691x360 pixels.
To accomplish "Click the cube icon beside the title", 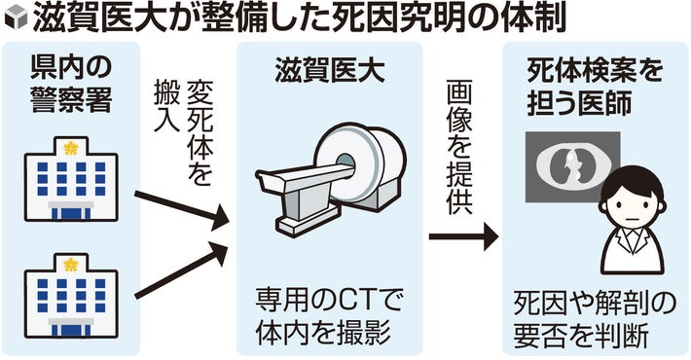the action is tap(16, 19).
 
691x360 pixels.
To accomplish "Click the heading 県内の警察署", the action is tap(71, 84).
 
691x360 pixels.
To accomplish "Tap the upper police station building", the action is tap(71, 179).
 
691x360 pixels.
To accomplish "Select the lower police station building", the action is tap(71, 296).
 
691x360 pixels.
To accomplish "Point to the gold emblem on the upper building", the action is tap(70, 149).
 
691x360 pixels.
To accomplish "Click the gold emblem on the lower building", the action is tap(70, 265).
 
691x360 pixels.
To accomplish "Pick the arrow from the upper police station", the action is tap(182, 208).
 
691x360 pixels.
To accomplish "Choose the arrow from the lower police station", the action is tap(181, 271).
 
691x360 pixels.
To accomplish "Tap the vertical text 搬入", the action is tap(167, 106).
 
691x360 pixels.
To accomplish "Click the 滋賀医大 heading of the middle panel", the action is tap(330, 71).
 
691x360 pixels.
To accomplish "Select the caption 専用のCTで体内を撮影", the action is tap(329, 317).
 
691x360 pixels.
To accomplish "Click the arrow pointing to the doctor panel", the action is tap(463, 236).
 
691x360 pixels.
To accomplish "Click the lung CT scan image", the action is tap(572, 167).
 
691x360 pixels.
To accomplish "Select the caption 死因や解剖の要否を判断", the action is tap(595, 320).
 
